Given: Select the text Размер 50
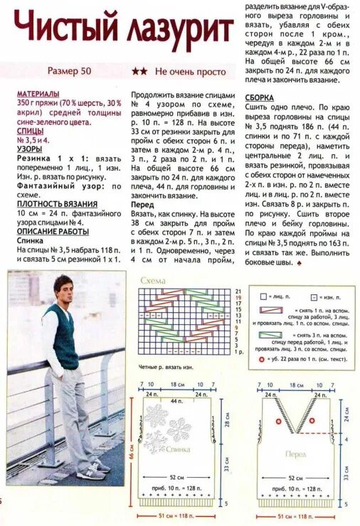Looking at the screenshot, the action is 69,71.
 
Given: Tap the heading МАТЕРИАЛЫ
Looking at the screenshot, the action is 38,93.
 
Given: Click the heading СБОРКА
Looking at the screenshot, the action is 260,97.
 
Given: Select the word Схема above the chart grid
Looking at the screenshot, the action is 152,280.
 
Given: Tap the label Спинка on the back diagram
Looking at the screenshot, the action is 177,449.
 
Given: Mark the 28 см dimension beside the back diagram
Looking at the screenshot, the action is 227,423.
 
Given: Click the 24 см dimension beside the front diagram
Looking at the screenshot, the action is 348,416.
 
